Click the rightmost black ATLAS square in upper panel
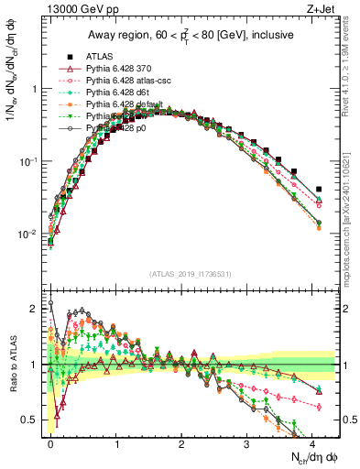click(318, 190)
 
